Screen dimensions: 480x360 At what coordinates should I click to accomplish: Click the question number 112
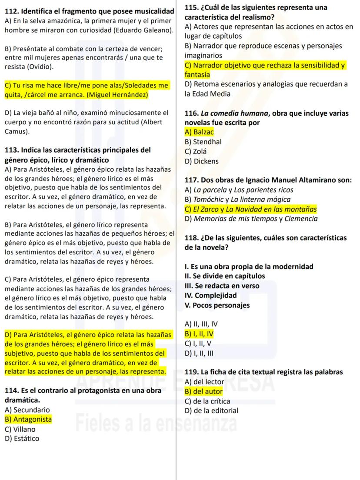pos(11,10)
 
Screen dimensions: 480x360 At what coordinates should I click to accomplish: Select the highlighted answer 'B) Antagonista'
pos(28,419)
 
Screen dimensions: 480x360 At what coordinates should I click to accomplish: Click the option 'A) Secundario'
pos(27,410)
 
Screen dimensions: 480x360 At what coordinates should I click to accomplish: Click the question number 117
pos(192,180)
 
